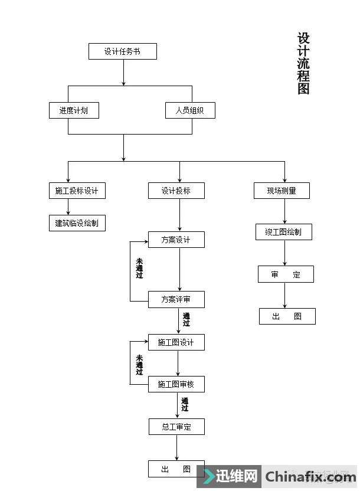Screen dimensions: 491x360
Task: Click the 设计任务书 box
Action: click(122, 51)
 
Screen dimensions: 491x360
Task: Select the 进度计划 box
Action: click(73, 110)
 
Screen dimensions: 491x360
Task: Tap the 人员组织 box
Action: click(189, 110)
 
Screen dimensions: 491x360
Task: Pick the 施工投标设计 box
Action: click(77, 191)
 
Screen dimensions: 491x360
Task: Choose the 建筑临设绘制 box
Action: click(77, 223)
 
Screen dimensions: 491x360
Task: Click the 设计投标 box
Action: click(176, 191)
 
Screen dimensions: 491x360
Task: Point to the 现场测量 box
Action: click(281, 191)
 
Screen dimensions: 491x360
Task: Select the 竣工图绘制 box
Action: click(283, 232)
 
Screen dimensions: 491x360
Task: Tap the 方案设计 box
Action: click(176, 240)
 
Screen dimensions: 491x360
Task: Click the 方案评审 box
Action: click(176, 300)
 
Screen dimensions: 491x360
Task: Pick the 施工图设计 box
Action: click(176, 342)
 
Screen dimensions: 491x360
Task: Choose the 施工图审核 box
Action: click(176, 385)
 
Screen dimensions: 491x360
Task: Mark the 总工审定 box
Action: click(176, 427)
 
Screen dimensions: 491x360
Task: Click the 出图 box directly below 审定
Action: click(287, 316)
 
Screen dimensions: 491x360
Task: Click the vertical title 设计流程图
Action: click(303, 64)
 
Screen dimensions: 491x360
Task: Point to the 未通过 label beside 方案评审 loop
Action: click(139, 268)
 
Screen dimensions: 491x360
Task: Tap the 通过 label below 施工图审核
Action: click(185, 404)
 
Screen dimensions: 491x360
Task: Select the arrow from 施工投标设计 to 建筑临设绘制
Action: click(68, 207)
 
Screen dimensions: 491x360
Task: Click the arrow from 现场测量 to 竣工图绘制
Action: click(285, 211)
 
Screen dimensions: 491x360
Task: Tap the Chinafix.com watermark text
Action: click(310, 476)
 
